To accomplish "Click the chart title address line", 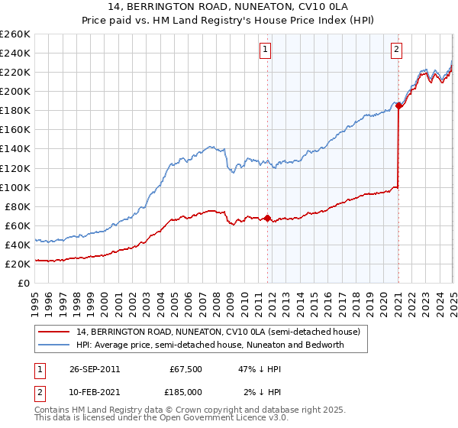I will [229, 8].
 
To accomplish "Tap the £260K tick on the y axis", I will [15, 34].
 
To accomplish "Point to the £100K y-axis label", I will [15, 187].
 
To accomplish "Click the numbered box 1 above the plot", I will [265, 51].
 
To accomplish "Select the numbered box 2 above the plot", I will [397, 51].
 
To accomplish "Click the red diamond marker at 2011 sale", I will [267, 218].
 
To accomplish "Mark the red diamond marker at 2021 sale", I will [399, 106].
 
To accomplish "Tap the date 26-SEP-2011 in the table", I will [95, 369].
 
